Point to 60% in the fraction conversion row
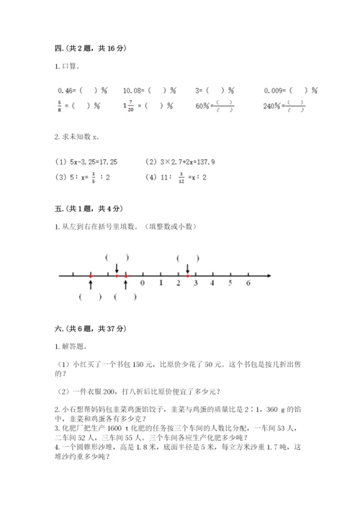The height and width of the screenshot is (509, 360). pyautogui.click(x=203, y=107)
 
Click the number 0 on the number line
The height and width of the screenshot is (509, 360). pyautogui.click(x=142, y=284)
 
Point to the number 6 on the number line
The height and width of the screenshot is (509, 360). pyautogui.click(x=248, y=284)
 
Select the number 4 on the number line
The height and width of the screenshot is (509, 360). pyautogui.click(x=212, y=284)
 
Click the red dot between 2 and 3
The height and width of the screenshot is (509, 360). pyautogui.click(x=187, y=275)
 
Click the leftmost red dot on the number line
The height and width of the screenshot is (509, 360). pyautogui.click(x=90, y=275)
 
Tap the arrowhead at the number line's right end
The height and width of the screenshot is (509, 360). pyautogui.click(x=269, y=275)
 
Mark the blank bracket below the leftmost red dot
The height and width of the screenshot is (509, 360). pyautogui.click(x=91, y=297)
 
